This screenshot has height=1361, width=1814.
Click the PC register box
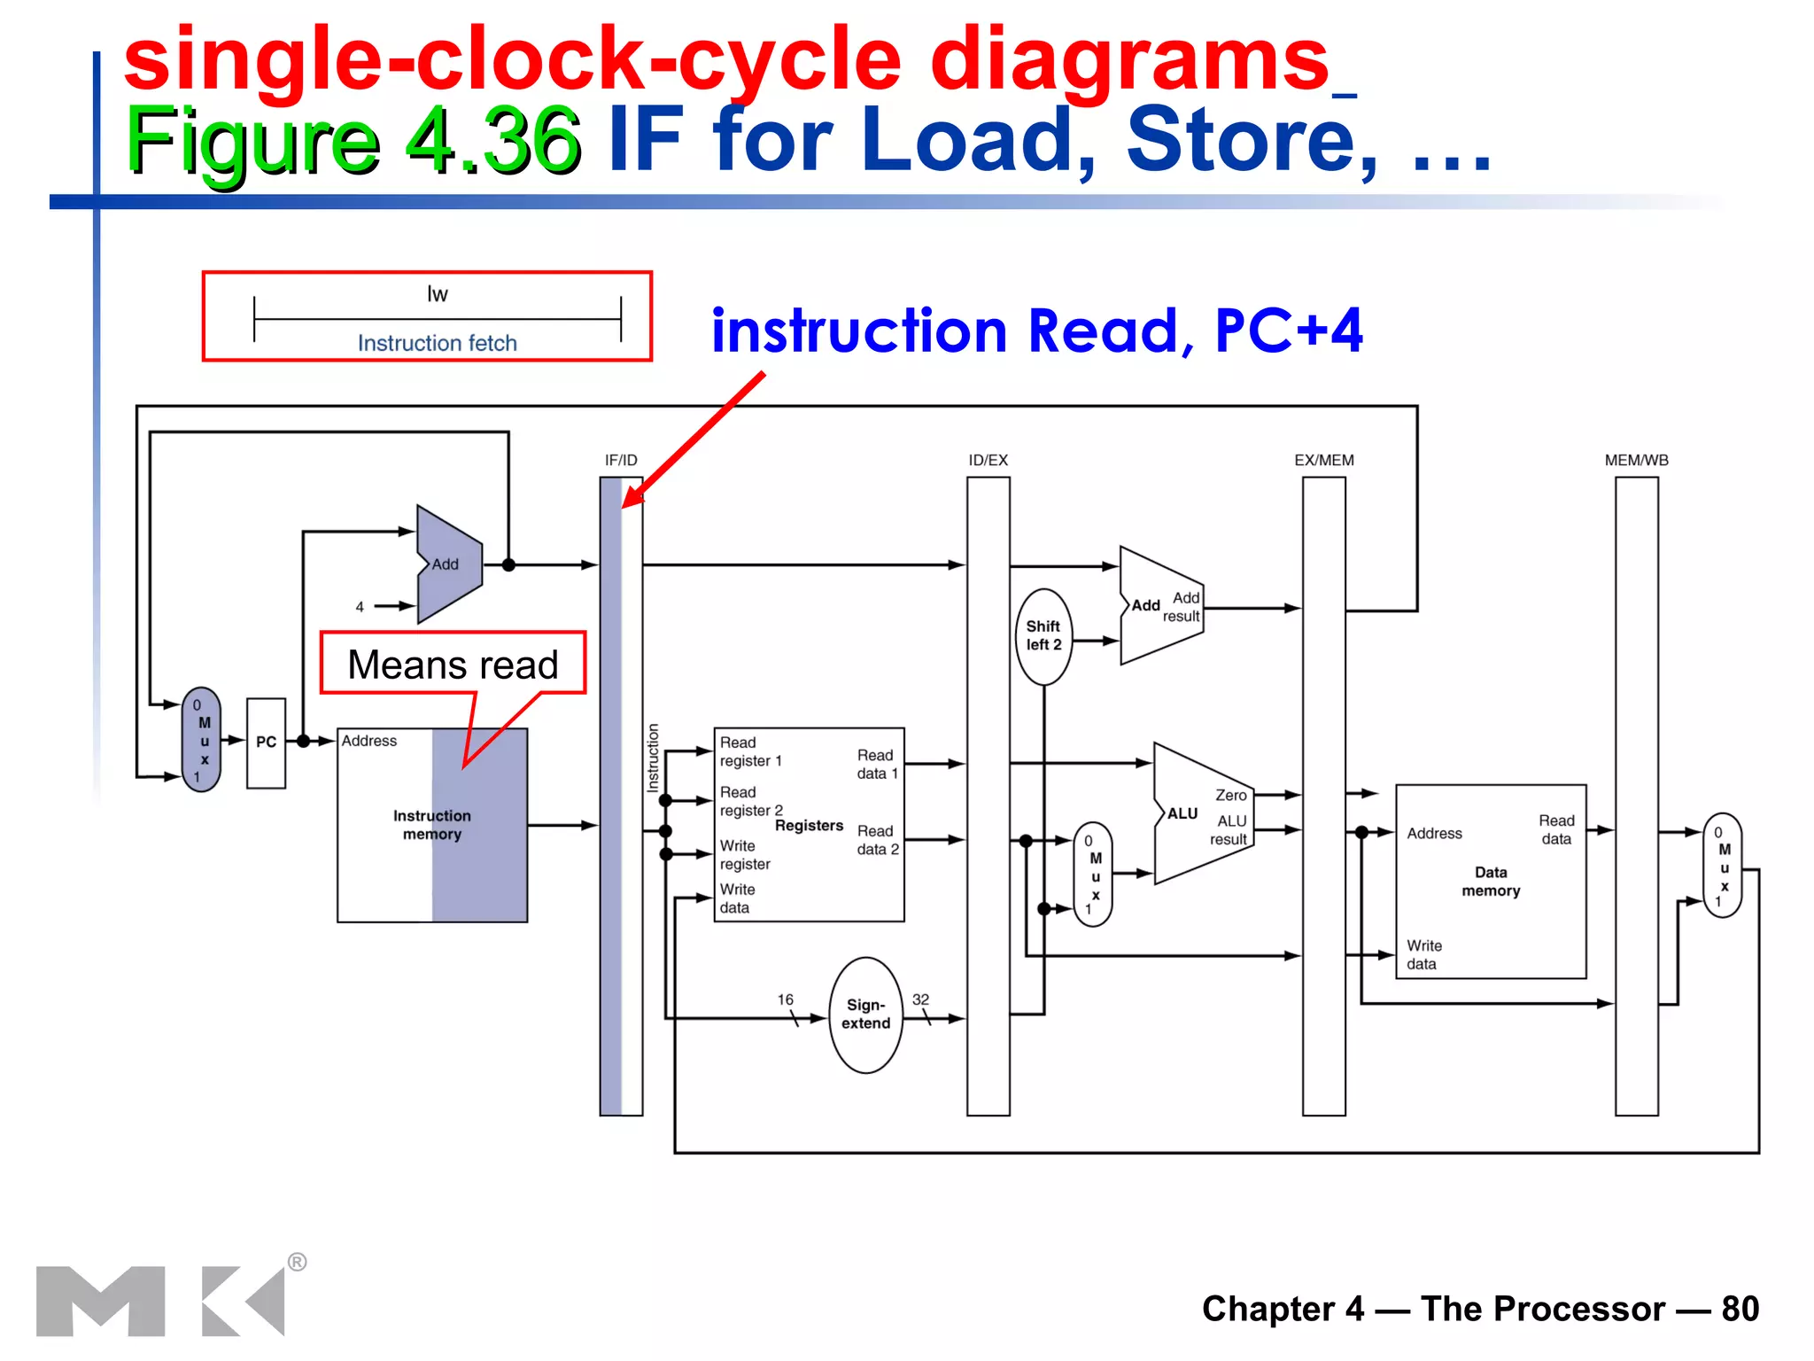click(x=266, y=743)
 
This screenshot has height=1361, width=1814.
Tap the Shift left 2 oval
click(x=1043, y=636)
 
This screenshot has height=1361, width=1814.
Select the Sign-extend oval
click(x=865, y=1015)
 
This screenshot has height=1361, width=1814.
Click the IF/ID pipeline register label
click(x=621, y=461)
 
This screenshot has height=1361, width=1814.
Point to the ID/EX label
click(x=988, y=461)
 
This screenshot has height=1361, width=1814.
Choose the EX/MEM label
click(x=1323, y=461)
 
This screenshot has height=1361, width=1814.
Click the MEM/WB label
click(x=1636, y=461)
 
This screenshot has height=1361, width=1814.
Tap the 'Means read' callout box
click(x=453, y=664)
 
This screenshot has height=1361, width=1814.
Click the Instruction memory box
click(x=431, y=825)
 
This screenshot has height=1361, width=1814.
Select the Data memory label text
click(x=1491, y=882)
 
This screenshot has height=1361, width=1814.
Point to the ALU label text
click(x=1182, y=813)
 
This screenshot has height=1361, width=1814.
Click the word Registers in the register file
click(x=809, y=826)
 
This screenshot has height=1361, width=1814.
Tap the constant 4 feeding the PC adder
click(x=360, y=607)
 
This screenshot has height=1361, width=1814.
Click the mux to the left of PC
click(x=202, y=740)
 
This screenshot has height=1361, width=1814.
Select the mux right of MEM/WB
click(x=1722, y=866)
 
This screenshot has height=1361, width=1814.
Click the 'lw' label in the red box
click(x=438, y=294)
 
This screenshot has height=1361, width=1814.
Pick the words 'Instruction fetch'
click(x=437, y=343)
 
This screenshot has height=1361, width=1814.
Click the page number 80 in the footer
click(x=1740, y=1309)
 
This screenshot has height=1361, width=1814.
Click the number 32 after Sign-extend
click(x=920, y=999)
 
